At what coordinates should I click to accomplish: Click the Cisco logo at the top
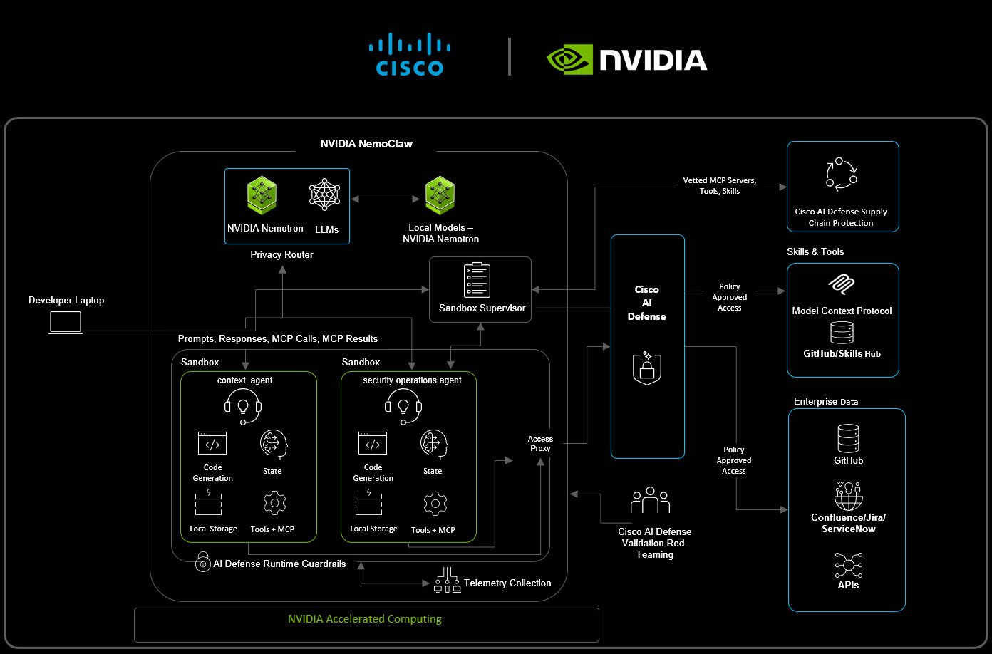(410, 55)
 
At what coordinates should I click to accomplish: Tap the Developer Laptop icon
(66, 323)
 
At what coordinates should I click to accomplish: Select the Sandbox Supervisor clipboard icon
(477, 280)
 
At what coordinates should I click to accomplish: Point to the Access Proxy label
(540, 444)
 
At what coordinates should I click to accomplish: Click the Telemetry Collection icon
(448, 580)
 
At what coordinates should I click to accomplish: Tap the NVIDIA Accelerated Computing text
(364, 619)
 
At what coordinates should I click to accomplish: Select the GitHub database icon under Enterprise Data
(848, 439)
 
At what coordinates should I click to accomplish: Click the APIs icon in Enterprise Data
(848, 566)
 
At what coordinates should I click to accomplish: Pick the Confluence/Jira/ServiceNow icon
(848, 497)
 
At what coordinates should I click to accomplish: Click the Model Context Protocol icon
(842, 285)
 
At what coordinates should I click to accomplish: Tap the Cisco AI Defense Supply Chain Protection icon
(842, 175)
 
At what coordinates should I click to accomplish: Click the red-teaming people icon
(650, 501)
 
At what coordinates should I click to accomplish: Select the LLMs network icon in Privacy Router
(325, 194)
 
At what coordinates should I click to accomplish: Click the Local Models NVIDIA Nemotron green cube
(440, 196)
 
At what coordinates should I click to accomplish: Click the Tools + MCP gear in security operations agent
(435, 504)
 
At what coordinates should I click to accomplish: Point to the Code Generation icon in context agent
(212, 443)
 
